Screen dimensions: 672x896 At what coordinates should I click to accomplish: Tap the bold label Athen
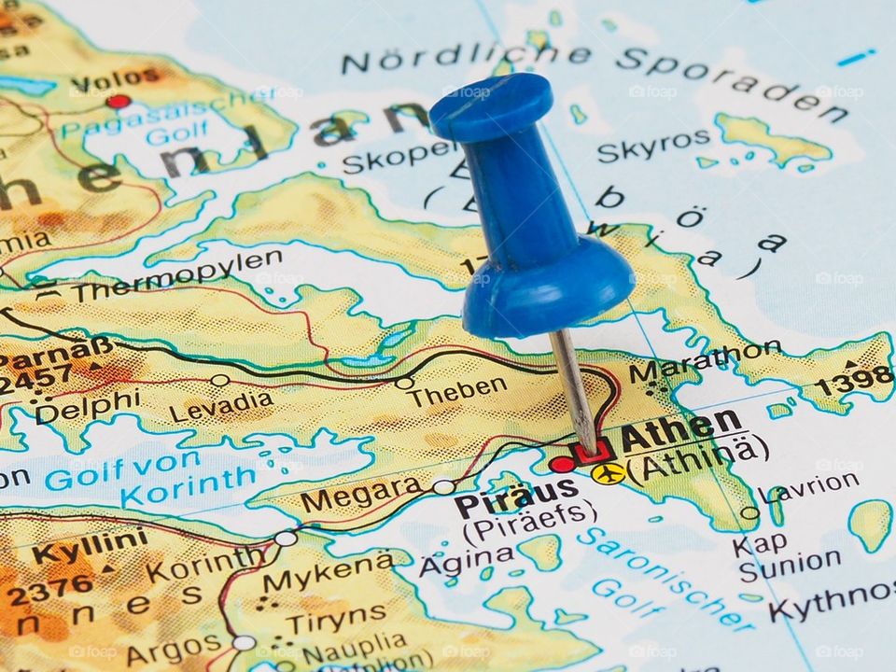point(680,430)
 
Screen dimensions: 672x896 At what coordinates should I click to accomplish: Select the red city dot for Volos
point(118,101)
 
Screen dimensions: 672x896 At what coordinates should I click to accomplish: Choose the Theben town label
point(457,391)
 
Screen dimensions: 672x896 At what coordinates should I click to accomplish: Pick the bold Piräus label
point(516,493)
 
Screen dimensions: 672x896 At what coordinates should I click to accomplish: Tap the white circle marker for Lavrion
point(749,512)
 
